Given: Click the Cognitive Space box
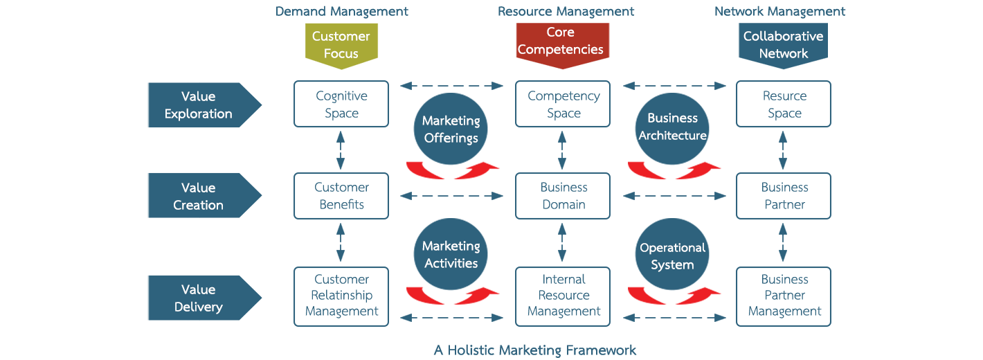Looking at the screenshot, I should tap(341, 104).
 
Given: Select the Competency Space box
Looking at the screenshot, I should tap(563, 104).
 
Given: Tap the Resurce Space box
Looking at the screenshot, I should tap(784, 104).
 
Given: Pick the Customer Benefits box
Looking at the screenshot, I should tap(341, 196).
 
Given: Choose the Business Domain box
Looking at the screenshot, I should tap(563, 196).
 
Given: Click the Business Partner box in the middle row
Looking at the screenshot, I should tap(784, 196).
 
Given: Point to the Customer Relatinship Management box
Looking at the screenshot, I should tap(341, 296).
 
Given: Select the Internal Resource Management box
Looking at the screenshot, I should tap(563, 296).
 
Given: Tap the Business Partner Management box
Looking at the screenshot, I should tap(784, 296).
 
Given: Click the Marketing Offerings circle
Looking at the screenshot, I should tap(451, 129).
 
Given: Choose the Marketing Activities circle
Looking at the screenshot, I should tap(451, 254).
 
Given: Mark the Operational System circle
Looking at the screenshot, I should tap(671, 255).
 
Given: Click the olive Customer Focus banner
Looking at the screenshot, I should tap(341, 44).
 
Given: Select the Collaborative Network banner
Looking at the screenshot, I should tap(783, 44).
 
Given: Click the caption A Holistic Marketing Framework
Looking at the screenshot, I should tap(534, 350).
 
